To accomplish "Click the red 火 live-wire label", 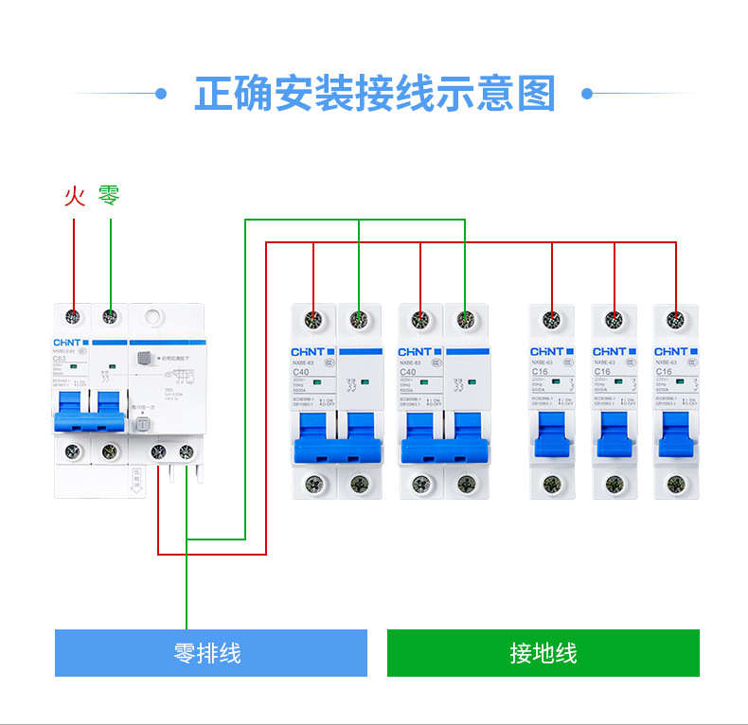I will [75, 196].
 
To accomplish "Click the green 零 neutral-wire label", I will [110, 196].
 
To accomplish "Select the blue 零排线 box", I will [210, 653].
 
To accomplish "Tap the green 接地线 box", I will [543, 653].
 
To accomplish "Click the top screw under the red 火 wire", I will [73, 317].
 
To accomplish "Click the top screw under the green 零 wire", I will [110, 317].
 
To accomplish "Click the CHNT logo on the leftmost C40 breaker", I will [308, 352].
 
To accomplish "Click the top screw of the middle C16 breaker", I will [614, 320].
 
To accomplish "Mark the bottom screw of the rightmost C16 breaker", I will [675, 485].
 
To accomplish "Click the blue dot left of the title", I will [161, 94].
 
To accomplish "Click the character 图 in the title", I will [536, 94].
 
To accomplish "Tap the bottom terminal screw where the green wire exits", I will [187, 452].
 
